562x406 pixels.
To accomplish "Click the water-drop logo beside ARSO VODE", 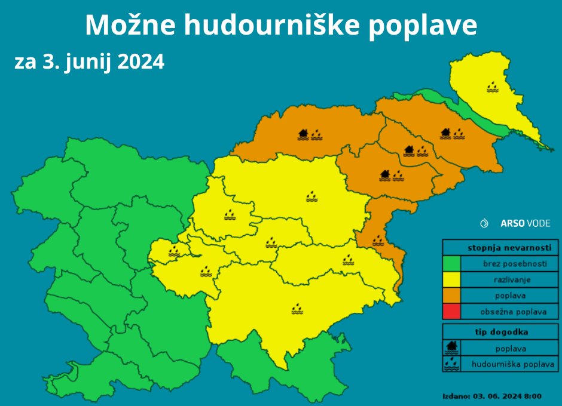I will pyautogui.click(x=484, y=223).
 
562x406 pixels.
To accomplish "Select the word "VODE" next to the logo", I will pyautogui.click(x=538, y=223).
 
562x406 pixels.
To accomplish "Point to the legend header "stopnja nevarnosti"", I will pyautogui.click(x=500, y=247).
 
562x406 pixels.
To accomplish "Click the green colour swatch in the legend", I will pyautogui.click(x=451, y=263).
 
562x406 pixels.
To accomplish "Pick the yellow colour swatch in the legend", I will pyautogui.click(x=451, y=279).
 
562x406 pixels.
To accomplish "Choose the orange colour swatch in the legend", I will pyautogui.click(x=451, y=296).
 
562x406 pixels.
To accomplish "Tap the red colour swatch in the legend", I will pyautogui.click(x=451, y=312).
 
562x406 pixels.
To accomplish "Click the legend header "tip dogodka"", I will pyautogui.click(x=500, y=332).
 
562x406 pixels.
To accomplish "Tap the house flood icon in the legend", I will pyautogui.click(x=451, y=347).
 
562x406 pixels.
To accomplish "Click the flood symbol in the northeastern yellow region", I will pyautogui.click(x=493, y=87).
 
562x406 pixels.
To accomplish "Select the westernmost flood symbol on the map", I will pyautogui.click(x=174, y=251).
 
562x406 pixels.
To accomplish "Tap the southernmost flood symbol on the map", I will pyautogui.click(x=297, y=308).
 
